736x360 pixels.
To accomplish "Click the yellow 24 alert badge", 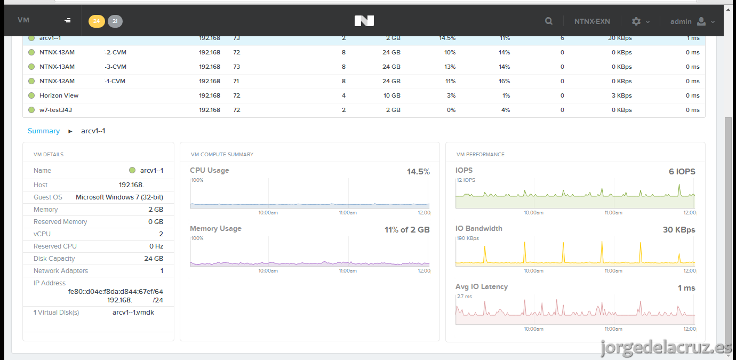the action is (97, 21).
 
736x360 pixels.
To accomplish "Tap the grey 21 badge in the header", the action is (115, 21).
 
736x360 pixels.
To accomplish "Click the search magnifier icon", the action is (548, 21).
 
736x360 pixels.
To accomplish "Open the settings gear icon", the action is (636, 21).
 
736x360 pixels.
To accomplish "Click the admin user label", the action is (681, 22).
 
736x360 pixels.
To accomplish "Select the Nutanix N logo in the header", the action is (364, 21).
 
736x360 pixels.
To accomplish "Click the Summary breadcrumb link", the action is (44, 131).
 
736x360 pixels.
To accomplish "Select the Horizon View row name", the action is (59, 95).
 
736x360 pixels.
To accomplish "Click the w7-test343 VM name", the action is (55, 110).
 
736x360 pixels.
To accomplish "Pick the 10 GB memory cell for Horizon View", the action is (391, 95).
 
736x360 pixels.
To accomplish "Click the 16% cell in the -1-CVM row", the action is (504, 81).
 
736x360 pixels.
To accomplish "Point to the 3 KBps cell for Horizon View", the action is (622, 95).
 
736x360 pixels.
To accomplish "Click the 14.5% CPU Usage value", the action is (418, 171).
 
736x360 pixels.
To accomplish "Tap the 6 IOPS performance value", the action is (682, 171).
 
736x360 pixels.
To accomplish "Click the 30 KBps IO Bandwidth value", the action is (679, 229).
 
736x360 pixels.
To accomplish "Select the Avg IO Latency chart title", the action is (482, 287).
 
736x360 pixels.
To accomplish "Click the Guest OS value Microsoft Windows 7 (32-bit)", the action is (119, 197).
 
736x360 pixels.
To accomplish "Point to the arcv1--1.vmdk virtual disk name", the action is (133, 313).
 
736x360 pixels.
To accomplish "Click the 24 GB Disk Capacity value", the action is (154, 259).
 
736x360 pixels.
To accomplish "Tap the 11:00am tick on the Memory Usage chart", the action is (348, 271).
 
